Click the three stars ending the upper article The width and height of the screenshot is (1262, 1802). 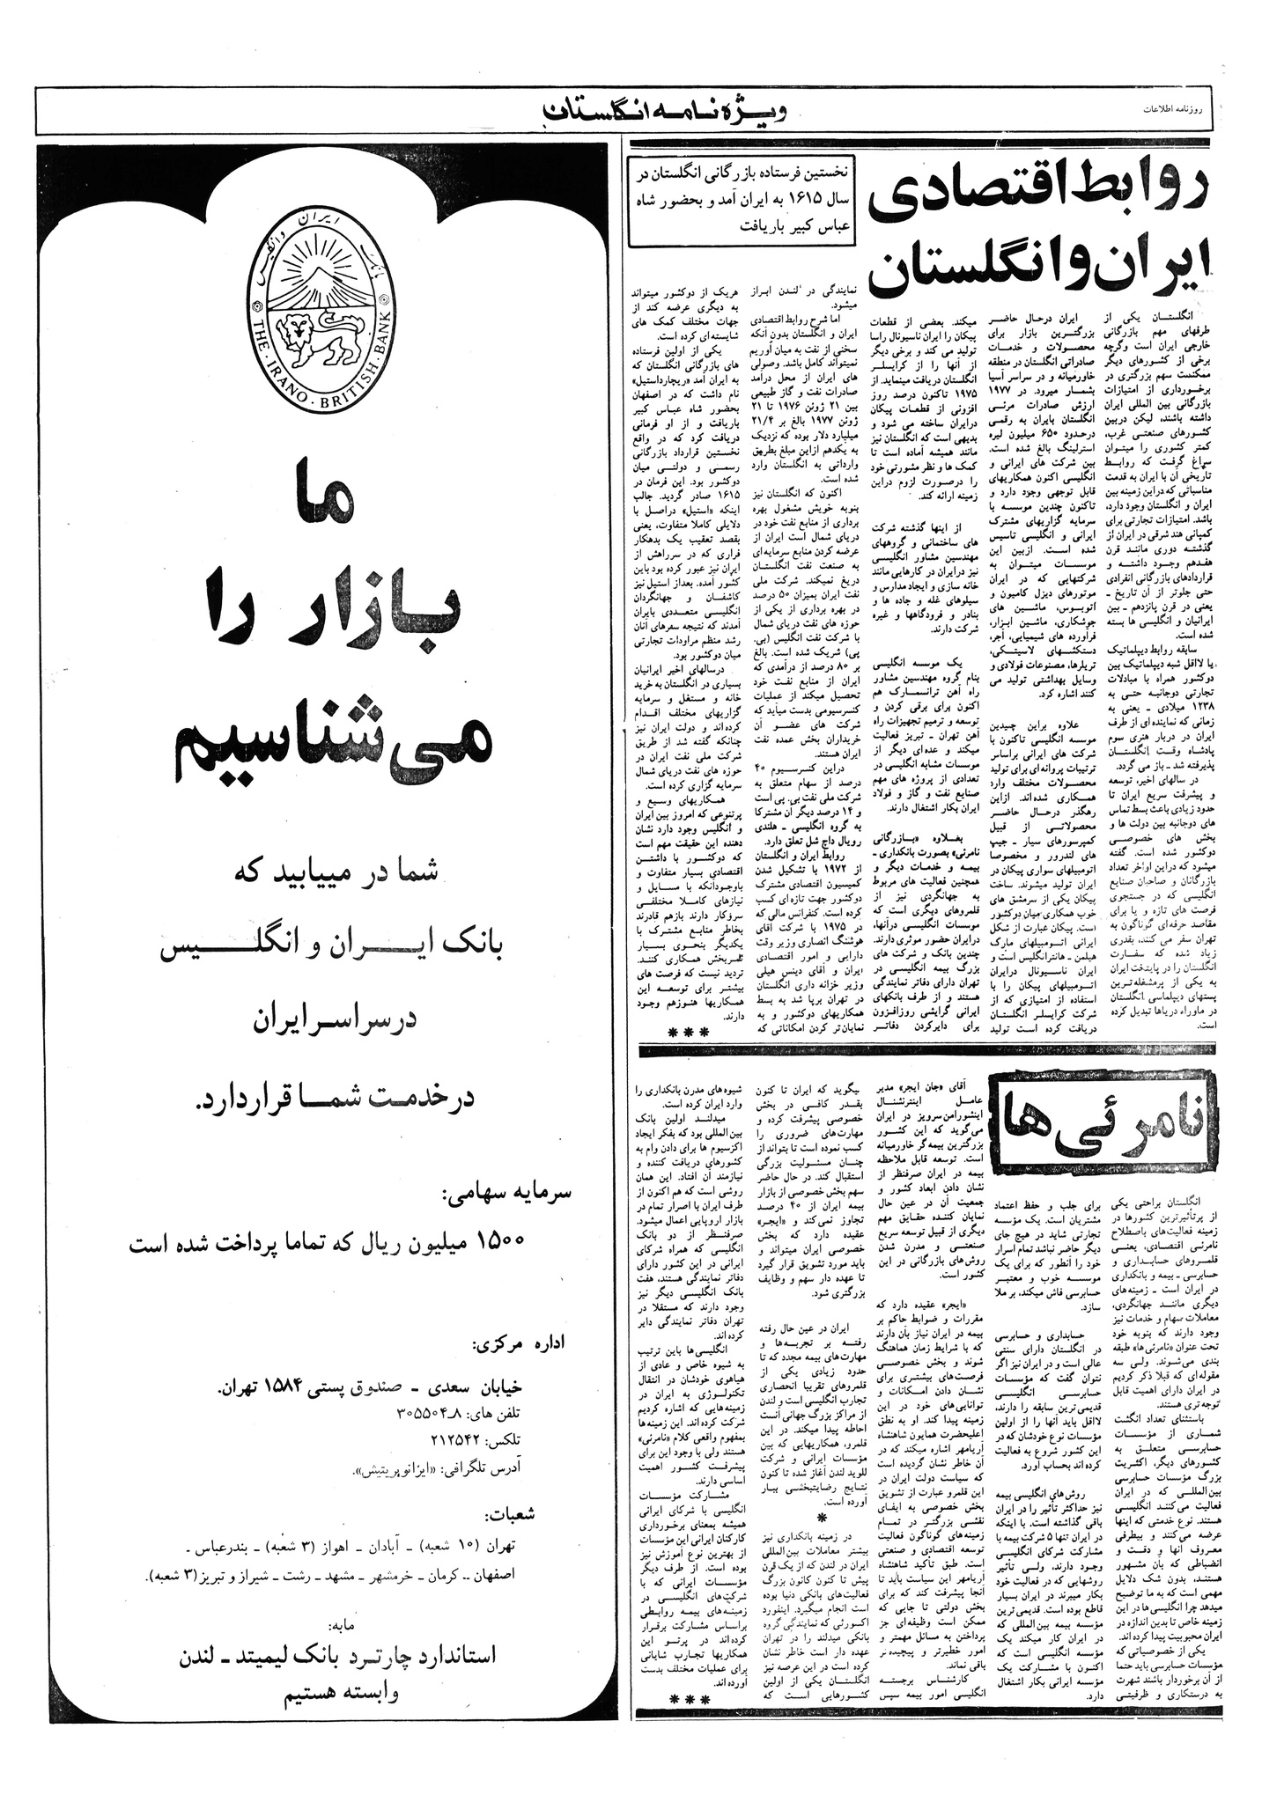coord(683,1032)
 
